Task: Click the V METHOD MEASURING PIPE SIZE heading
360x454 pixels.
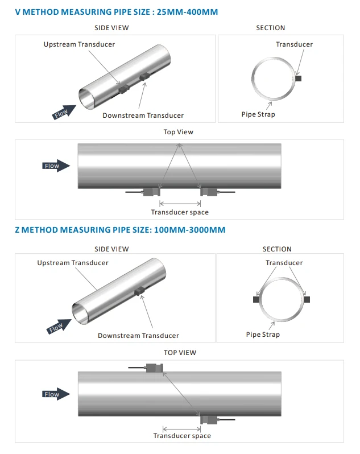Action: (x=117, y=12)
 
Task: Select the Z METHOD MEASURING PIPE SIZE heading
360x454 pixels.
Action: (x=120, y=230)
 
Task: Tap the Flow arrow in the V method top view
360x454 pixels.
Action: (x=56, y=166)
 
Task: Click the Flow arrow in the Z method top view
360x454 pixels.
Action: (x=56, y=394)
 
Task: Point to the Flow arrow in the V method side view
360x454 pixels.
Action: (x=64, y=112)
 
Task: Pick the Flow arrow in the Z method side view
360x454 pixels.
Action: (x=59, y=327)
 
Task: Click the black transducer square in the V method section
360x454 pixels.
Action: (x=299, y=78)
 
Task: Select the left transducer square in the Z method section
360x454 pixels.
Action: (x=256, y=299)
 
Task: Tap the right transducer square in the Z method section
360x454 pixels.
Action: (x=307, y=299)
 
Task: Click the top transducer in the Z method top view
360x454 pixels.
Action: (x=155, y=368)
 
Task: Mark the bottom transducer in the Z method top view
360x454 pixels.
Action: (x=209, y=419)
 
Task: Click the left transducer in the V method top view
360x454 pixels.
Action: (x=152, y=192)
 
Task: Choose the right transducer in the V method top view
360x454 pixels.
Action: (x=209, y=192)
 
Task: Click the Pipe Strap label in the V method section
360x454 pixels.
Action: (x=258, y=114)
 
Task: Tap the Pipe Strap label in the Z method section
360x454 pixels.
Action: (x=263, y=335)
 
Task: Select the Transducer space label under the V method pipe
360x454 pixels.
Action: (x=180, y=212)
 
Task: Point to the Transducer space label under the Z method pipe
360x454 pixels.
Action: (x=182, y=436)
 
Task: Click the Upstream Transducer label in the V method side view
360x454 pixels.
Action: (x=79, y=44)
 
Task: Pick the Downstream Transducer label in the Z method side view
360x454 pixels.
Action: (x=138, y=336)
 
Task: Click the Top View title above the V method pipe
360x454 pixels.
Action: (x=178, y=132)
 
